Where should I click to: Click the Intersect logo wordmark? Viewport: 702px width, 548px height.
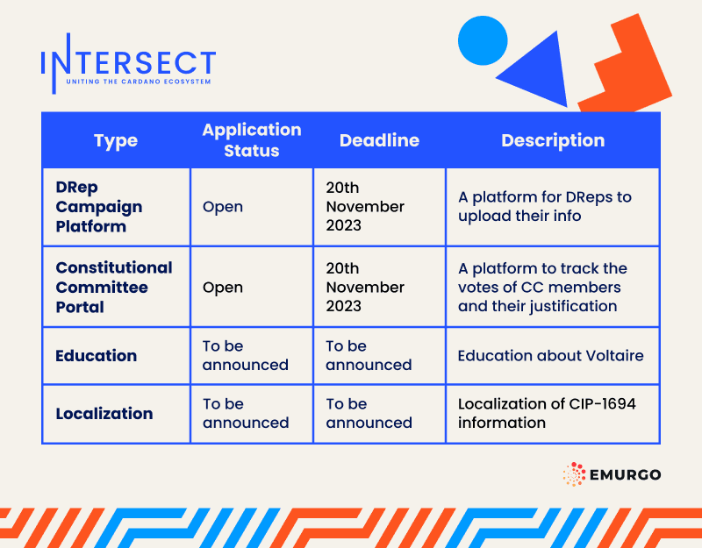tap(128, 61)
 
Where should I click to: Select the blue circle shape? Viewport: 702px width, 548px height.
tap(483, 40)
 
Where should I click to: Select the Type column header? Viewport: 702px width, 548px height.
tap(116, 140)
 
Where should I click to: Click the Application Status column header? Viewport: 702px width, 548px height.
tap(251, 140)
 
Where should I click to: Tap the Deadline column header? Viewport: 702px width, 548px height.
tap(379, 140)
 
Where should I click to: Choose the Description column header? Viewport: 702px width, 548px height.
tap(552, 140)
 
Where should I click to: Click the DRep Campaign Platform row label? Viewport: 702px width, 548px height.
tap(98, 207)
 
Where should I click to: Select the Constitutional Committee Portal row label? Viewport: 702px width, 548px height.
tap(113, 287)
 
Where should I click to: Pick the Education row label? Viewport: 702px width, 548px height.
tap(96, 356)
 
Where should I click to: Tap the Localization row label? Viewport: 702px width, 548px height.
tap(104, 414)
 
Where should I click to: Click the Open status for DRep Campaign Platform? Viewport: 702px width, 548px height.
tap(223, 207)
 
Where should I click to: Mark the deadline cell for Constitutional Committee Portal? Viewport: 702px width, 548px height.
tap(365, 287)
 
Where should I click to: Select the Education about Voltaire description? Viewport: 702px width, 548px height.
tap(550, 356)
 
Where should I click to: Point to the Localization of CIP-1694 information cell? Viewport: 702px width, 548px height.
tap(546, 413)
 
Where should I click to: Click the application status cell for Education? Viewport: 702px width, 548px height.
tap(245, 355)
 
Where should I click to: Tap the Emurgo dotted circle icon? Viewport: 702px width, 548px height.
tap(575, 475)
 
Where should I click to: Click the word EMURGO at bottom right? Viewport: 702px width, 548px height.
tap(626, 475)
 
